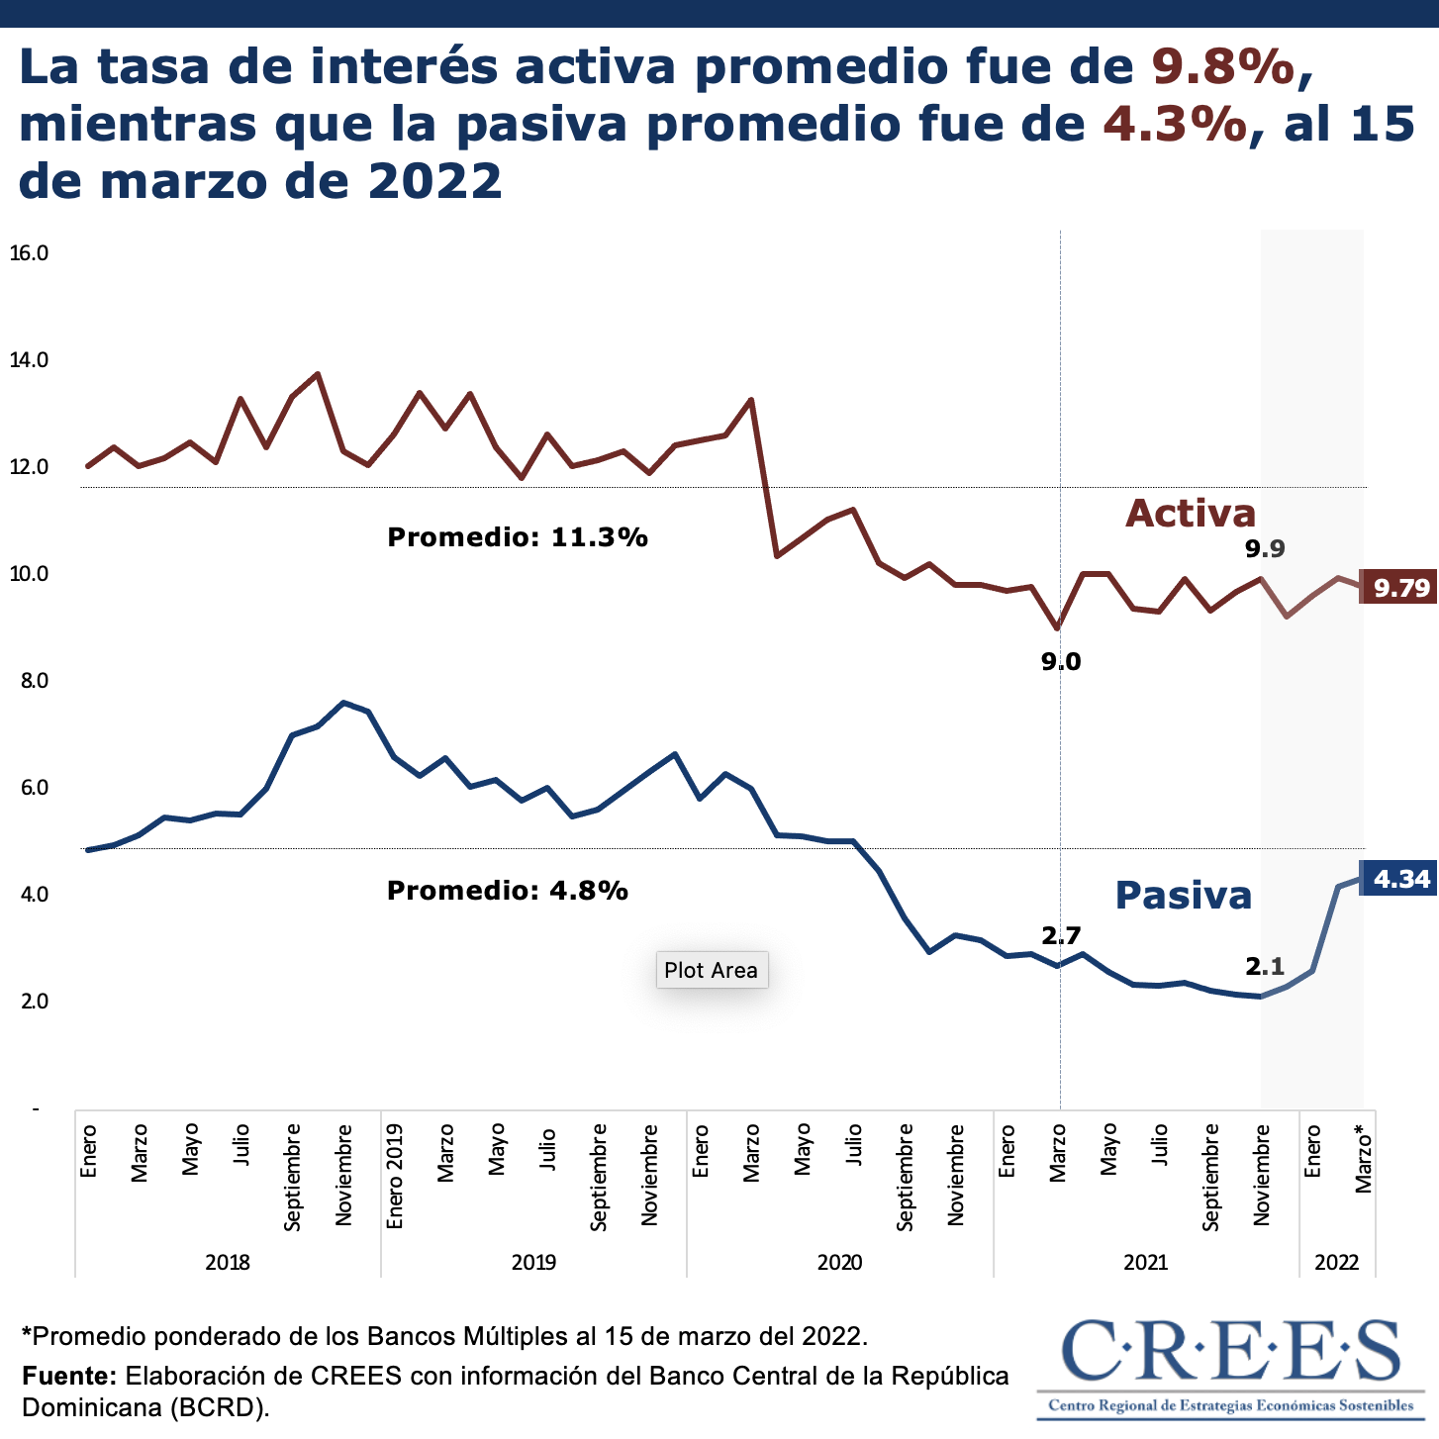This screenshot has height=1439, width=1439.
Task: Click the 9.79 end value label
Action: click(x=1399, y=588)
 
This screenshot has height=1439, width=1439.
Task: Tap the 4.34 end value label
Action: click(x=1399, y=879)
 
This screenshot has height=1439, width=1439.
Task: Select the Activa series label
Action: click(x=1191, y=513)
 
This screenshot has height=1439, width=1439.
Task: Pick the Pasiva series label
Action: click(x=1184, y=895)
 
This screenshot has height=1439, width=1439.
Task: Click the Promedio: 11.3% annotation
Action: click(x=518, y=537)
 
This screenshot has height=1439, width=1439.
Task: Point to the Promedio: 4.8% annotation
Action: click(x=508, y=891)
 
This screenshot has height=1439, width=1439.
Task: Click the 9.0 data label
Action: click(x=1061, y=662)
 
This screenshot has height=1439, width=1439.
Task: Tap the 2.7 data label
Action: click(x=1061, y=935)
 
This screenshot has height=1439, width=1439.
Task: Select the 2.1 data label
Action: click(x=1265, y=967)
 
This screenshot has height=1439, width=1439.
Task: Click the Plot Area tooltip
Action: click(x=711, y=970)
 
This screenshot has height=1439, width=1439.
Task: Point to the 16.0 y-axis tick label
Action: click(x=29, y=253)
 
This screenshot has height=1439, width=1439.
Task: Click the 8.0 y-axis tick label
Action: click(x=29, y=681)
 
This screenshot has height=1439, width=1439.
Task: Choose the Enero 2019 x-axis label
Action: click(x=395, y=1176)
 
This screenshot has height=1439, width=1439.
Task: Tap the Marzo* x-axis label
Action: click(x=1364, y=1158)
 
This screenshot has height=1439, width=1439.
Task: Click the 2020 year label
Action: click(x=839, y=1262)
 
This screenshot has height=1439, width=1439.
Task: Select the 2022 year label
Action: click(x=1336, y=1262)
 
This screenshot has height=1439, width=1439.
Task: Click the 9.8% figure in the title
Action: click(x=1223, y=66)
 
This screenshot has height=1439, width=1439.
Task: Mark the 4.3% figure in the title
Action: click(x=1175, y=124)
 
